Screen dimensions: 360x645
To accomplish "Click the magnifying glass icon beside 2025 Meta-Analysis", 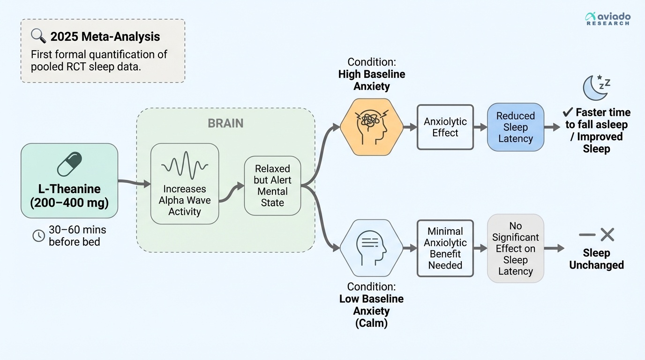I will pyautogui.click(x=38, y=36).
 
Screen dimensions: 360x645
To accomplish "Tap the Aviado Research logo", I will pyautogui.click(x=607, y=19).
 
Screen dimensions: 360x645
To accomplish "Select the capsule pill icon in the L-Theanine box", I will pyautogui.click(x=69, y=164).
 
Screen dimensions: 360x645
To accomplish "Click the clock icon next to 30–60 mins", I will pyautogui.click(x=38, y=236).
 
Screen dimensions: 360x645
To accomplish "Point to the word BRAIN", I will pyautogui.click(x=225, y=123).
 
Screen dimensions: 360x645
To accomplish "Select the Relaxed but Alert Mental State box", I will pyautogui.click(x=272, y=186).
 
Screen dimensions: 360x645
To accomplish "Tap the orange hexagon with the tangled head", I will pyautogui.click(x=371, y=127).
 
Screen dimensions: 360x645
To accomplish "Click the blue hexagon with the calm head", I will pyautogui.click(x=371, y=247).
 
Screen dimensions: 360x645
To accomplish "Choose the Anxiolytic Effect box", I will pyautogui.click(x=445, y=127).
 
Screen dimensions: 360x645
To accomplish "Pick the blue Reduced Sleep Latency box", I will pyautogui.click(x=515, y=127).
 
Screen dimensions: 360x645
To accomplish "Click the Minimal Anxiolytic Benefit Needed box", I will pyautogui.click(x=445, y=248).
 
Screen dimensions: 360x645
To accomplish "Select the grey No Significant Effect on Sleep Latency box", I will pyautogui.click(x=515, y=248).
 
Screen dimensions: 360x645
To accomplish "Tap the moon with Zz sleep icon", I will pyautogui.click(x=595, y=87).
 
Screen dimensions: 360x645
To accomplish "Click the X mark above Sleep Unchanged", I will pyautogui.click(x=607, y=234).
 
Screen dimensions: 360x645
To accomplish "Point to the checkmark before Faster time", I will pyautogui.click(x=568, y=112).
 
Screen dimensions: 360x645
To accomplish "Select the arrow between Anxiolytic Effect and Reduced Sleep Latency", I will pyautogui.click(x=480, y=127).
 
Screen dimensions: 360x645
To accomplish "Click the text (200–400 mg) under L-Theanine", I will pyautogui.click(x=69, y=203).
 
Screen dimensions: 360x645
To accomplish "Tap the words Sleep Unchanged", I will pyautogui.click(x=596, y=259).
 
